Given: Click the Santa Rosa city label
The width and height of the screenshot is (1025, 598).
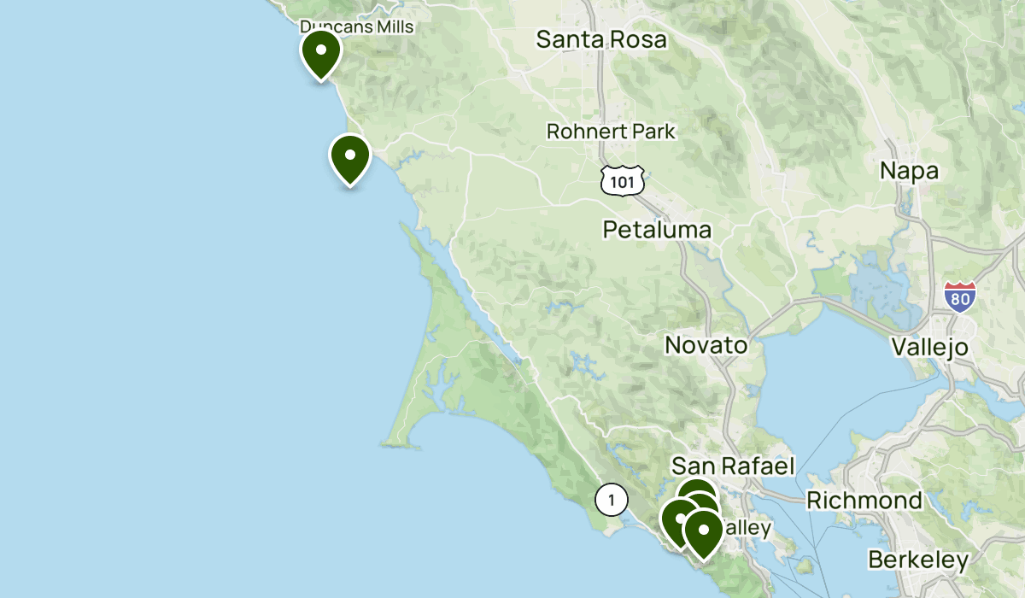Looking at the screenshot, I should tap(601, 39).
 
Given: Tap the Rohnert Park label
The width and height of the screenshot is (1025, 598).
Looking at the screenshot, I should tap(611, 132).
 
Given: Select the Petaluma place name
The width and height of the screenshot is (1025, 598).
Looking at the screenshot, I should tap(657, 229).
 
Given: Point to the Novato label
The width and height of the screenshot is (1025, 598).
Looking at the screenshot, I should tap(706, 345).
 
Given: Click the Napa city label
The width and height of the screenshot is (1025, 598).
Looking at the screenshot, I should tap(909, 171).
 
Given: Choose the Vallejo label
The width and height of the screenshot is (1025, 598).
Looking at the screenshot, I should tap(929, 347).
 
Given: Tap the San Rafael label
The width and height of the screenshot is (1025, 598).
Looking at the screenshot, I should tap(733, 466).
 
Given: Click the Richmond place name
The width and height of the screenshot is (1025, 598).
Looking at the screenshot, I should tap(864, 500).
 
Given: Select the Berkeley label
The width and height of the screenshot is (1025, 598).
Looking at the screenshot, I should tap(918, 560).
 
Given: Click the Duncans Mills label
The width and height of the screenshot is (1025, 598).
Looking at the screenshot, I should tap(357, 26).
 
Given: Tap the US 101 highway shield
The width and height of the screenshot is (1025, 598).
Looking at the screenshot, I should tap(622, 179).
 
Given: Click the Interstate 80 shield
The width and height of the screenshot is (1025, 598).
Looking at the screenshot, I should tap(961, 296).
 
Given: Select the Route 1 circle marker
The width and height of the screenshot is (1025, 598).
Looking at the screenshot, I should tap(612, 499).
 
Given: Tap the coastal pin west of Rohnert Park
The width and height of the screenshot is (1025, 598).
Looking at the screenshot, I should tap(350, 159).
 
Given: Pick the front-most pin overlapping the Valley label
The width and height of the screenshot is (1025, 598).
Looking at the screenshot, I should tap(703, 532).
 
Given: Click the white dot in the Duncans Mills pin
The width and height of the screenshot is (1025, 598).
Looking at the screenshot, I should tap(321, 49).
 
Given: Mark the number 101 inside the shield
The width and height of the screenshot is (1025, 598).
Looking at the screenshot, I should tap(622, 181).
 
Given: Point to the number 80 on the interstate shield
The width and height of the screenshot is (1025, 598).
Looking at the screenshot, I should tap(961, 299).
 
